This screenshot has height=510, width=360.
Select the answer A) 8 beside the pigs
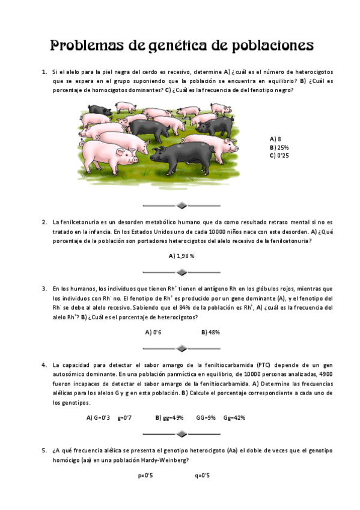click(276, 138)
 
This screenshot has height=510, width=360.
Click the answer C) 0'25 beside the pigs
click(280, 155)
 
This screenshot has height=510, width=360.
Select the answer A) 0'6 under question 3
click(153, 332)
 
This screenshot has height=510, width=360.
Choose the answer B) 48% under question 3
click(211, 332)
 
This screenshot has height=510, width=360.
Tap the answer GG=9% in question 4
click(206, 417)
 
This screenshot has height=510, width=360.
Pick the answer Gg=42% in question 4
click(234, 417)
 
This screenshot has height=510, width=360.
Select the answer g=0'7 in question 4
click(125, 417)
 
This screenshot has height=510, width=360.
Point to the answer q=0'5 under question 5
click(202, 475)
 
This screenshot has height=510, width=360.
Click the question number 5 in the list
click(44, 450)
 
